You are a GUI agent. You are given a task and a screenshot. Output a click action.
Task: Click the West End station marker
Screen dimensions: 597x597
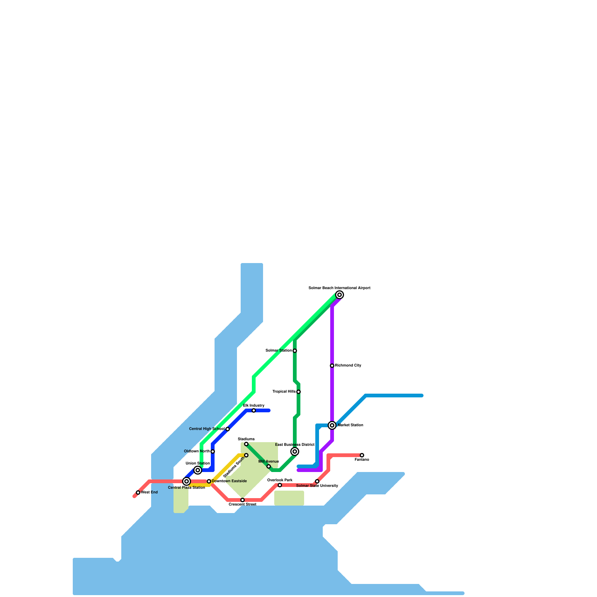pos(138,493)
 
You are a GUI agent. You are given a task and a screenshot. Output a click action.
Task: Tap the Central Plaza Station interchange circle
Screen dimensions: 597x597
pos(187,481)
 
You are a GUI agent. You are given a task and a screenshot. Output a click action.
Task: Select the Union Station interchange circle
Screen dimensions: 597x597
pos(198,470)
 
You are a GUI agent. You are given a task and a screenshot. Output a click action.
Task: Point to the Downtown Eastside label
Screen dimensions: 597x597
pos(229,481)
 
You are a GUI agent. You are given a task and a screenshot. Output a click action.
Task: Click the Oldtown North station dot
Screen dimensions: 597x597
pos(213,451)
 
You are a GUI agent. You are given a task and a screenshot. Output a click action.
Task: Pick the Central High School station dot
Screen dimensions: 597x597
pos(228,429)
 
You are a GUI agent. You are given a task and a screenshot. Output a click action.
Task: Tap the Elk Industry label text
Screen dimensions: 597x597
pos(254,405)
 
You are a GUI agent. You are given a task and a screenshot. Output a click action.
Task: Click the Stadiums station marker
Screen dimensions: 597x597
pos(246,444)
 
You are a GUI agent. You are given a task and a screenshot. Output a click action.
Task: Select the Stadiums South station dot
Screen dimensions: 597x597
pos(246,455)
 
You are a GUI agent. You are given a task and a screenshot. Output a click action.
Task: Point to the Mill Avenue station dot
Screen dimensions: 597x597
pos(269,466)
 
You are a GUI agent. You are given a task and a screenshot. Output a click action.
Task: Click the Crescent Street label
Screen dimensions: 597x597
pos(243,504)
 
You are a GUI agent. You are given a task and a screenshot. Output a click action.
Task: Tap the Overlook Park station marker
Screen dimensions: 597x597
pos(280,485)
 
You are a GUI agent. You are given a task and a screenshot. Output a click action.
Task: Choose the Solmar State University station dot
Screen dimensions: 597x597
pos(317,481)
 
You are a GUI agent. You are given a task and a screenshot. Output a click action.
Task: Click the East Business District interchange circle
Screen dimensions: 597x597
pos(295,451)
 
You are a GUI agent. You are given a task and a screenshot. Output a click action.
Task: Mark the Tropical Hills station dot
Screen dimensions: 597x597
pos(298,392)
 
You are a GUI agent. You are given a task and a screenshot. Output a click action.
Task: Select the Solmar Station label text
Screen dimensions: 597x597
pos(278,351)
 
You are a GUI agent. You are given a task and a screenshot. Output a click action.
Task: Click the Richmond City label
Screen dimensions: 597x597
pos(348,366)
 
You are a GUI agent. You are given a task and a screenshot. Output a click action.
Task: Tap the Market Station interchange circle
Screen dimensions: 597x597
pos(332,425)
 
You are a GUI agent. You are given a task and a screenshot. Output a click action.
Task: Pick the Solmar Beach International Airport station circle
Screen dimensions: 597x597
pos(340,295)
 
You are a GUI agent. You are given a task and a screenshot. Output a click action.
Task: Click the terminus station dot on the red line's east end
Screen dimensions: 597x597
pos(362,455)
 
